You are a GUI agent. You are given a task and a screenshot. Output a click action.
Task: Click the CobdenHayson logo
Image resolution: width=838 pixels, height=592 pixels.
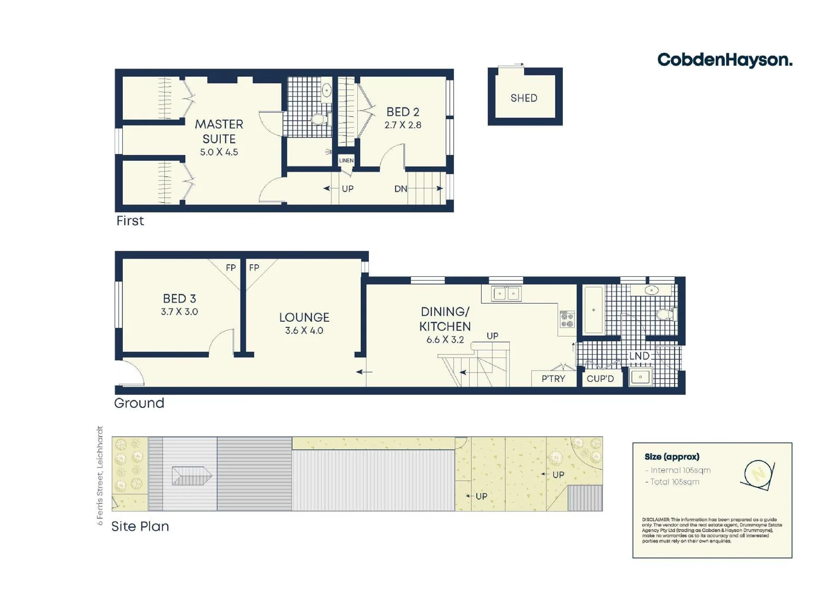(x=724, y=60)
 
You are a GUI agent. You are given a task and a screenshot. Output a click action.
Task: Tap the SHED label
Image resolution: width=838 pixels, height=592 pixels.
(x=523, y=98)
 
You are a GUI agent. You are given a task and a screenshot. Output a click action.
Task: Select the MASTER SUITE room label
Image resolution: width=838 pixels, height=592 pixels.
(x=219, y=132)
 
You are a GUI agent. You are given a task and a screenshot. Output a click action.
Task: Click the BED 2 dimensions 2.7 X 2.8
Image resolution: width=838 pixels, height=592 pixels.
(x=402, y=125)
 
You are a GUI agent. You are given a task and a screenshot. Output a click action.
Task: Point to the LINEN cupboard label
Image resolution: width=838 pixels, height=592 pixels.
(x=346, y=161)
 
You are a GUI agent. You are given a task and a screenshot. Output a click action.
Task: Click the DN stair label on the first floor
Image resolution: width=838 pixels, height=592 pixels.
(x=401, y=189)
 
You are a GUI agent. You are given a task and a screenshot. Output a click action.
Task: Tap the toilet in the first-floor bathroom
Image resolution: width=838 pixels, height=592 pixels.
(x=320, y=119)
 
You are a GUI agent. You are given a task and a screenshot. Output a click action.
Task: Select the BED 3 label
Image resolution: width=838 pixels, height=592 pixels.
(x=179, y=299)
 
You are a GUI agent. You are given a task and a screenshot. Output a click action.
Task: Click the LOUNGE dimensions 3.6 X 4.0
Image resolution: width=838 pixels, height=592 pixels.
(x=304, y=331)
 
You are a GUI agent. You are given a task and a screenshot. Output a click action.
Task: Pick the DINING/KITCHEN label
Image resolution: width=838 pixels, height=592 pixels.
(x=444, y=319)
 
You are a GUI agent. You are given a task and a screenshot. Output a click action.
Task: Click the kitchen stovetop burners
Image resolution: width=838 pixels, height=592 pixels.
(x=567, y=320)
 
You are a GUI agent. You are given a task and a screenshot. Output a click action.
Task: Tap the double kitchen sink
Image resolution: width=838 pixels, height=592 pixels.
(x=506, y=294)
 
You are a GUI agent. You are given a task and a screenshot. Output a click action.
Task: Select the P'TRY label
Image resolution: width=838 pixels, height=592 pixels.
(x=553, y=379)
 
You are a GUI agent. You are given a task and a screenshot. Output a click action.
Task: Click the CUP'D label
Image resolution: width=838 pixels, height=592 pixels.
(x=600, y=379)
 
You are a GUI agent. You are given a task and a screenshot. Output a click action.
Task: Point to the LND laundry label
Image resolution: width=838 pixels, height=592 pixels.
(x=639, y=356)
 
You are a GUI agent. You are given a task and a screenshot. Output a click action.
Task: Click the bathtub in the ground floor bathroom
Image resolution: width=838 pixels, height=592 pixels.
(x=594, y=310)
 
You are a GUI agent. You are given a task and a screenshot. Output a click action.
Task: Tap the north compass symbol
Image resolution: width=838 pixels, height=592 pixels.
(x=758, y=474)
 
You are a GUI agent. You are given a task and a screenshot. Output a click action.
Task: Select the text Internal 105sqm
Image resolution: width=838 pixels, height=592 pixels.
(x=680, y=470)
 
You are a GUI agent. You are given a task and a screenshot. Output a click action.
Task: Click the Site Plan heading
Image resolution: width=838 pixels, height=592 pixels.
(x=140, y=526)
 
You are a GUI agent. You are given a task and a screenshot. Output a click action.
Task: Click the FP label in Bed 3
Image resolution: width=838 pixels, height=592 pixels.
(x=231, y=267)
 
